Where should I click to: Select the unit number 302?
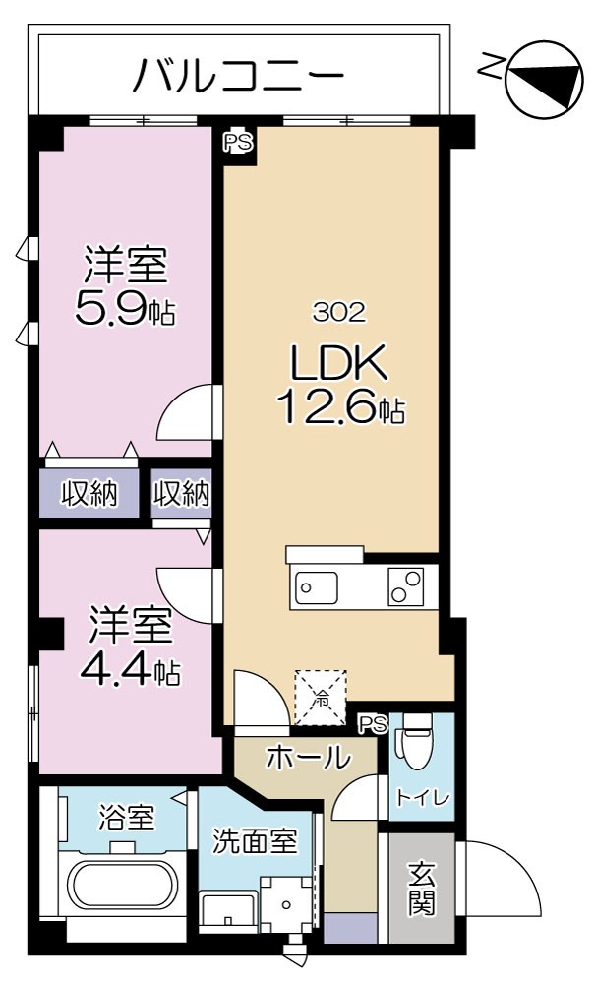(x=339, y=313)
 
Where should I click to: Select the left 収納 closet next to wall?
(x=89, y=493)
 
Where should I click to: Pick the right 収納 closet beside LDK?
(x=182, y=493)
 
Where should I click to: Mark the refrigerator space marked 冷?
(x=322, y=698)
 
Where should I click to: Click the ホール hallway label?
(x=308, y=758)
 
